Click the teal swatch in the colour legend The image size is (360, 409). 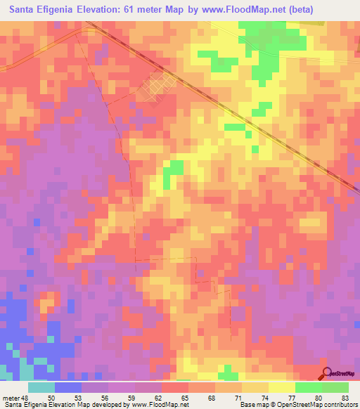[x=41, y=387]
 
